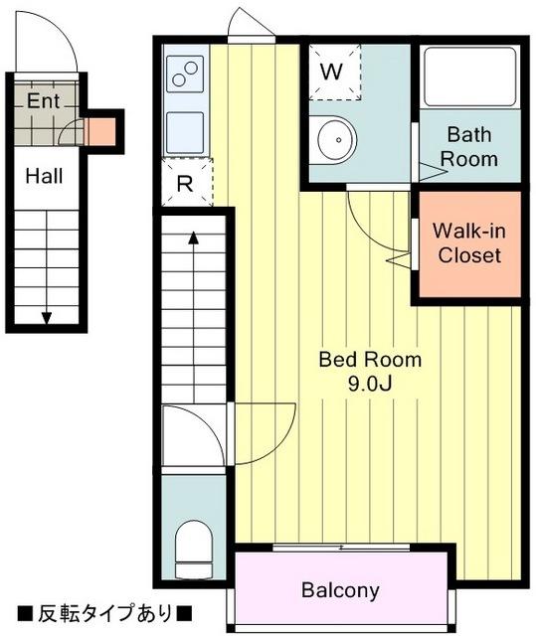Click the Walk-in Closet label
click(469, 243)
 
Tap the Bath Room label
click(469, 146)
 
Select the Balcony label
click(340, 590)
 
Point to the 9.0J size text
click(370, 384)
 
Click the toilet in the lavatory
click(194, 549)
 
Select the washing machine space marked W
click(335, 72)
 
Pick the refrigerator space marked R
click(187, 182)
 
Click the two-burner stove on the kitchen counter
click(185, 74)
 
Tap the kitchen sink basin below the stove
click(185, 132)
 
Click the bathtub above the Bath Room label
click(469, 78)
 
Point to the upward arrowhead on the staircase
click(194, 238)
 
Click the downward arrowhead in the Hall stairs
click(47, 318)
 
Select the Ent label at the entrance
click(44, 100)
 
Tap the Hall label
click(44, 177)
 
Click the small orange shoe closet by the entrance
click(101, 132)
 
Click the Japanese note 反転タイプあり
click(105, 614)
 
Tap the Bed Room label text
click(370, 360)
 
